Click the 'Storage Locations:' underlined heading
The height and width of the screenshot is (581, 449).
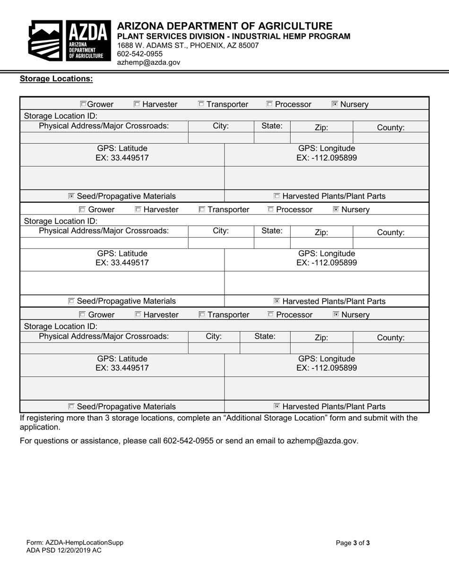tap(56, 79)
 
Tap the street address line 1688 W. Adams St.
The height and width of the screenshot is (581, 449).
tap(188, 45)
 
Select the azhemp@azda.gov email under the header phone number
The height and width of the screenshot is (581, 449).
tap(148, 62)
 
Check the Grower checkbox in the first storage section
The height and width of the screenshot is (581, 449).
tap(83, 104)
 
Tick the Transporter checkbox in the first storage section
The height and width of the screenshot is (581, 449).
tap(201, 104)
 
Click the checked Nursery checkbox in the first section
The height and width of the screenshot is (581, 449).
tap(335, 104)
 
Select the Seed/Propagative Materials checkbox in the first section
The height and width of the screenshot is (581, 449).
tap(71, 196)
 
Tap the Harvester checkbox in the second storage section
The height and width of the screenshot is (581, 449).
tap(138, 210)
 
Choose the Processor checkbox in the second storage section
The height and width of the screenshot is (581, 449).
tap(271, 210)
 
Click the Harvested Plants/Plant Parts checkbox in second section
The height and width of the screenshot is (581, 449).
tap(277, 301)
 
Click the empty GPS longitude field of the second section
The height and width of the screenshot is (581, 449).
tap(327, 283)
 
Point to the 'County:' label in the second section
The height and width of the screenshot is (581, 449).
tap(390, 232)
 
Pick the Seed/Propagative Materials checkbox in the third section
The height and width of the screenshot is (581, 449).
tap(71, 407)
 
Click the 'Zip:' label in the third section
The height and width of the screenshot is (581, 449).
tap(321, 338)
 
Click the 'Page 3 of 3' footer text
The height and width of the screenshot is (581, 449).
tap(353, 543)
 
